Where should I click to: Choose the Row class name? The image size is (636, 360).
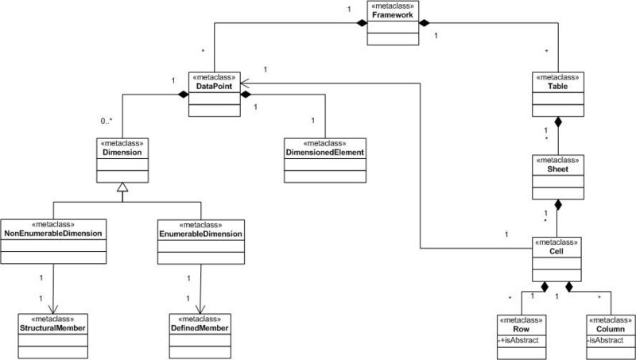(522, 327)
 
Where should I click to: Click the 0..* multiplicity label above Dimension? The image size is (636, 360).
(111, 122)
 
